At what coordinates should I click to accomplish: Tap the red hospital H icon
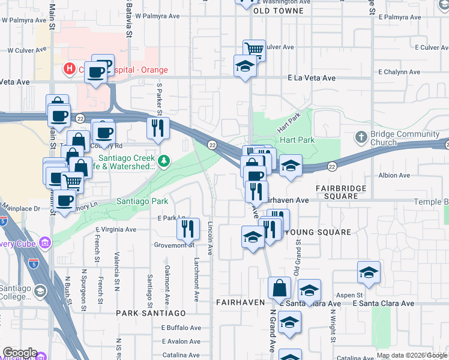[70, 69]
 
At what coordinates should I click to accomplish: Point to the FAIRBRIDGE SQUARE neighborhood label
[345, 192]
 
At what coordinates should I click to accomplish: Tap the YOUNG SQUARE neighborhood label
[318, 232]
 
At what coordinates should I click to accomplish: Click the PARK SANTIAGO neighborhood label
[151, 313]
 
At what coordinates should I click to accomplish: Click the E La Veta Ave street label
[312, 78]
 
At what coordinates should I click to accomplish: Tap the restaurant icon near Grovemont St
[188, 228]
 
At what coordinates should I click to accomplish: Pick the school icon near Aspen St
[369, 272]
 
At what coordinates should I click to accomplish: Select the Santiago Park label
[142, 202]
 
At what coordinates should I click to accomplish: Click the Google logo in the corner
[20, 352]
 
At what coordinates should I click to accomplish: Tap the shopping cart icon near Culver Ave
[255, 50]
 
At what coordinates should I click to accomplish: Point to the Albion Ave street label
[394, 176]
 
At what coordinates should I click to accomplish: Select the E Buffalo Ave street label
[181, 328]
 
